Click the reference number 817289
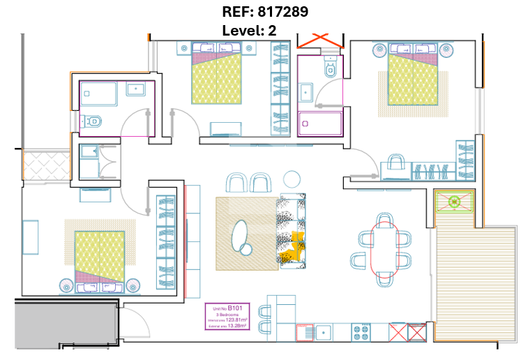[280, 12]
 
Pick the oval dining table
[382, 249]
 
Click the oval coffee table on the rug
[241, 235]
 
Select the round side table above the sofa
[290, 179]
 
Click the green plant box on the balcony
[454, 202]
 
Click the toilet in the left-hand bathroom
[93, 121]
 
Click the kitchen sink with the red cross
[305, 332]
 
